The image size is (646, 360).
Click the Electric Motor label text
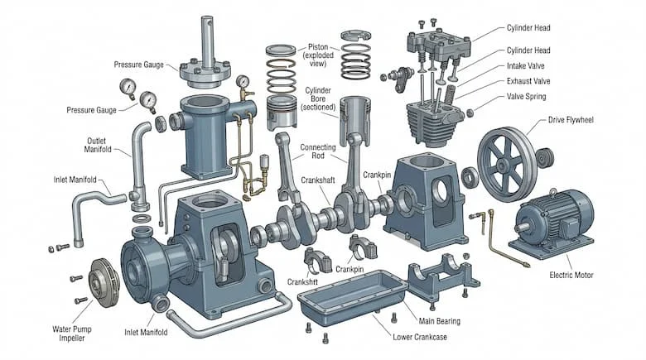[x=572, y=275]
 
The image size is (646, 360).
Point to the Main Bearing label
[x=438, y=319]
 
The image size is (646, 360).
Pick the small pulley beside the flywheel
[x=544, y=156]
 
